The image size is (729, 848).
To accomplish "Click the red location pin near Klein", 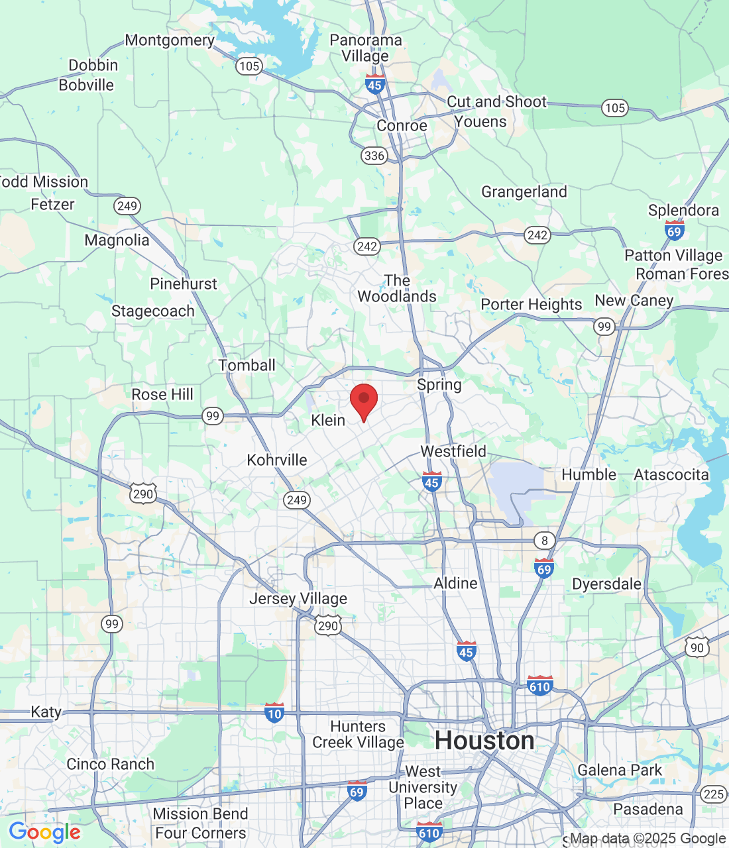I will pos(363,399).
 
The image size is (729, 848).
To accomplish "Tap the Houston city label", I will pos(484,741).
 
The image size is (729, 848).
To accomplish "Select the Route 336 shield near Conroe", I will pos(374,156).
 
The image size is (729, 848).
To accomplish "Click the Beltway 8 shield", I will pos(545,540).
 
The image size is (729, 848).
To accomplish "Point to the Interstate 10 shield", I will pos(274,713).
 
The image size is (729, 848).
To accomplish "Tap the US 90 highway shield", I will pos(697,647).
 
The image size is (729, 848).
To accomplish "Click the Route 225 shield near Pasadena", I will pos(713,794).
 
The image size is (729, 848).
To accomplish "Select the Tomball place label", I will pos(247,365).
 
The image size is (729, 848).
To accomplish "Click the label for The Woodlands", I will pos(397,289).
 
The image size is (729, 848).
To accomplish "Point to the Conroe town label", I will pos(402,126).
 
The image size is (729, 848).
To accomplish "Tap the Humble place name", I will pos(589,474).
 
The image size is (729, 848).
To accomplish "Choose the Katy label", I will pos(46,712).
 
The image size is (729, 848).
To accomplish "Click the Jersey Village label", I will pos(298,598).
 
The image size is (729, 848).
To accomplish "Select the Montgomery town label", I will pos(170,40).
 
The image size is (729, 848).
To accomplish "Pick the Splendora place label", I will pos(683,210).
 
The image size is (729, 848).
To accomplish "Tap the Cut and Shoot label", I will pos(496,101).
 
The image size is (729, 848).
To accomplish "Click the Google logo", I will pos(45,832).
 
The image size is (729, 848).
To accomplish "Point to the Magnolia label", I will pos(117,240).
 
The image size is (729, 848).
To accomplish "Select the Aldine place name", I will pos(455,583).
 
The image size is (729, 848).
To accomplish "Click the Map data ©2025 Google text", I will pos(648,839).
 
